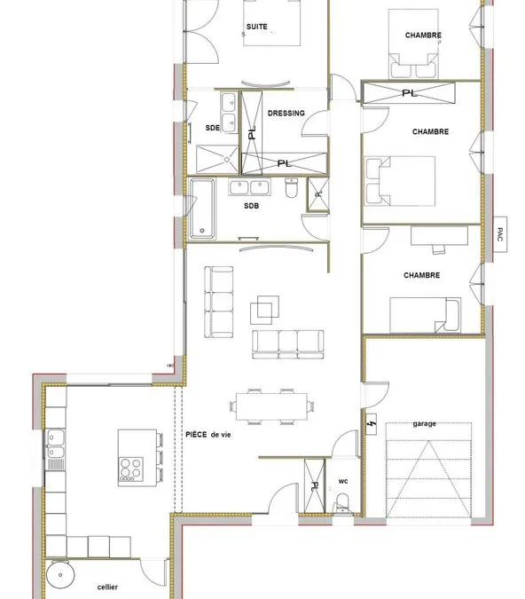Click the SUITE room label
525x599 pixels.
[256, 27]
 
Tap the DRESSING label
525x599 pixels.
[286, 113]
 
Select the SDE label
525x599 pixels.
[212, 128]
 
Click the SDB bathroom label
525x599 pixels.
[251, 206]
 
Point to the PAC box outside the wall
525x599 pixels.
[500, 234]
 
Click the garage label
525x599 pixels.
[424, 423]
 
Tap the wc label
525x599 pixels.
[343, 481]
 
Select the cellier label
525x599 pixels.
[107, 587]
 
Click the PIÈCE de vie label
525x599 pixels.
[208, 434]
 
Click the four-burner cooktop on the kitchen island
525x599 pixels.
[130, 469]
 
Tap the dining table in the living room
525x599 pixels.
[271, 406]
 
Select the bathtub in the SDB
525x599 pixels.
[202, 209]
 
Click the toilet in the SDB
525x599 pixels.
[291, 188]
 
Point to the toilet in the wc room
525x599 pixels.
[342, 504]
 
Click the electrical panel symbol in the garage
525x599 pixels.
[371, 424]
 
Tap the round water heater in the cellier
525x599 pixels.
[60, 575]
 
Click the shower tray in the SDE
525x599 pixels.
[217, 159]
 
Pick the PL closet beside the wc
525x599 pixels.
[315, 486]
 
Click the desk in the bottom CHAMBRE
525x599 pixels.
[439, 236]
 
